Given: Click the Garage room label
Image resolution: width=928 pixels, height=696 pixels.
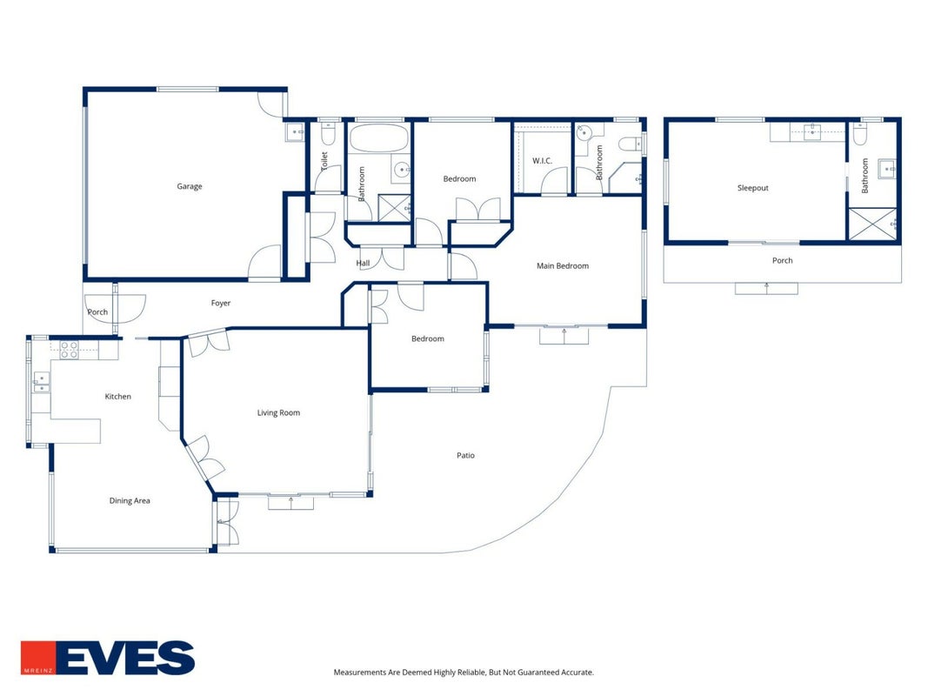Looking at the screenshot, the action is tap(190, 186).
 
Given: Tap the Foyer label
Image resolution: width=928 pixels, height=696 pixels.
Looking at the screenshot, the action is tap(221, 303).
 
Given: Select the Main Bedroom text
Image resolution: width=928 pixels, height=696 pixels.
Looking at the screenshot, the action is tap(563, 265).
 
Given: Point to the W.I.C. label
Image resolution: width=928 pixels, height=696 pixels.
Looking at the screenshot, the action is tap(542, 160).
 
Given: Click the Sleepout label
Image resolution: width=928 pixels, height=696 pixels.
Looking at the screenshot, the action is tap(753, 188).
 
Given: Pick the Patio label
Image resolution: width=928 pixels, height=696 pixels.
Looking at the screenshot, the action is tap(466, 455).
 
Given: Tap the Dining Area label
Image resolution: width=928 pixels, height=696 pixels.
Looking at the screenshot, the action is tap(130, 501).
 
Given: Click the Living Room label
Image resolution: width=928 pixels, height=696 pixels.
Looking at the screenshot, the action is tap(279, 413).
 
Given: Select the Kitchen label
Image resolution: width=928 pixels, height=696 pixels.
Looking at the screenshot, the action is tap(117, 397).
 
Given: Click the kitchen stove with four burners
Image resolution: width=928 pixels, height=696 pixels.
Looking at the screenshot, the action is tap(70, 350).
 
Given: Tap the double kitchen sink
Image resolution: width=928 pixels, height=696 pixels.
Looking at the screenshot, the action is tap(41, 382).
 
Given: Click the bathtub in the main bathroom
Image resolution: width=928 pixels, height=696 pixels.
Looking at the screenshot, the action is tap(379, 138).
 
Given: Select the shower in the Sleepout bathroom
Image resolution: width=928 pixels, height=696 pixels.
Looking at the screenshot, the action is tap(873, 224).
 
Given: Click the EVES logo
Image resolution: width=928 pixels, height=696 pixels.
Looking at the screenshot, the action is tap(108, 658).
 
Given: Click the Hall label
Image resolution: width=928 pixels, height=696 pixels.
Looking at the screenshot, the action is tap(363, 264).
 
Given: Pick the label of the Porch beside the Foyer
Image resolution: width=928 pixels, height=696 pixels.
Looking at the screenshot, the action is tap(97, 312).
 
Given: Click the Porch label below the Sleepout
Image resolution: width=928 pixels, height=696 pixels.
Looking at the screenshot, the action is tap(783, 260).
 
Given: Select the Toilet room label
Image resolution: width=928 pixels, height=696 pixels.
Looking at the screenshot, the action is tap(324, 162).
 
